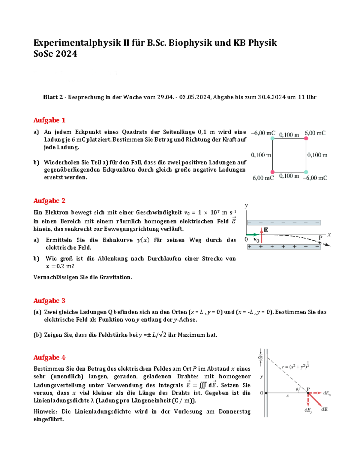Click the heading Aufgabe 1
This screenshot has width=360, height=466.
coord(49,120)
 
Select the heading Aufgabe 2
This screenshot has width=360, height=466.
coord(49,201)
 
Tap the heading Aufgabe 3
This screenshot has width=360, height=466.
coord(49,301)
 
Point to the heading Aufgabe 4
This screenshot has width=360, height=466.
coord(49,357)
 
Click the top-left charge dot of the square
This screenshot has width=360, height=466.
coord(272,138)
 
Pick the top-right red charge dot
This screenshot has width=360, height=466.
coord(306,138)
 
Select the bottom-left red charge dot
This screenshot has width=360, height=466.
coord(272,172)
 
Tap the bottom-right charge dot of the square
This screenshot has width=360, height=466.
coord(306,172)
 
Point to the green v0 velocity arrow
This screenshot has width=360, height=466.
coord(252,234)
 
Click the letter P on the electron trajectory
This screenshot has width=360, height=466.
coord(320,238)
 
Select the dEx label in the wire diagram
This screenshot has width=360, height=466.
coord(327,393)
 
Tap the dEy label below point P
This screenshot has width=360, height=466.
coord(308,410)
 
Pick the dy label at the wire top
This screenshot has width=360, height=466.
coord(260,357)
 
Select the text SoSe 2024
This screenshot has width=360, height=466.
coord(55,54)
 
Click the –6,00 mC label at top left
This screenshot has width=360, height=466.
coord(263,133)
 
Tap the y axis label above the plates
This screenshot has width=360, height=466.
coord(246,206)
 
